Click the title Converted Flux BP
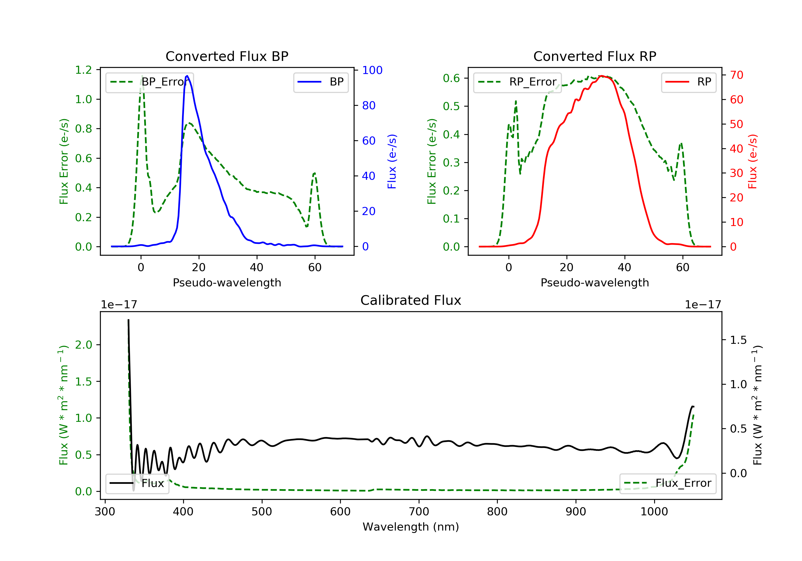pos(227,56)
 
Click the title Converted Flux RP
pos(595,56)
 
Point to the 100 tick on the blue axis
pos(372,70)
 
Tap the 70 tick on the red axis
pos(736,75)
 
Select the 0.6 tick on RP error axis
pos(451,78)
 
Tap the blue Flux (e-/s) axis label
pos(392,161)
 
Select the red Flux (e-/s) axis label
pos(752,161)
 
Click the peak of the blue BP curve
pos(187,76)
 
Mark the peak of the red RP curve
pos(601,76)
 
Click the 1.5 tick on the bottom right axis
pos(738,340)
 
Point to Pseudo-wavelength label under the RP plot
pos(595,282)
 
